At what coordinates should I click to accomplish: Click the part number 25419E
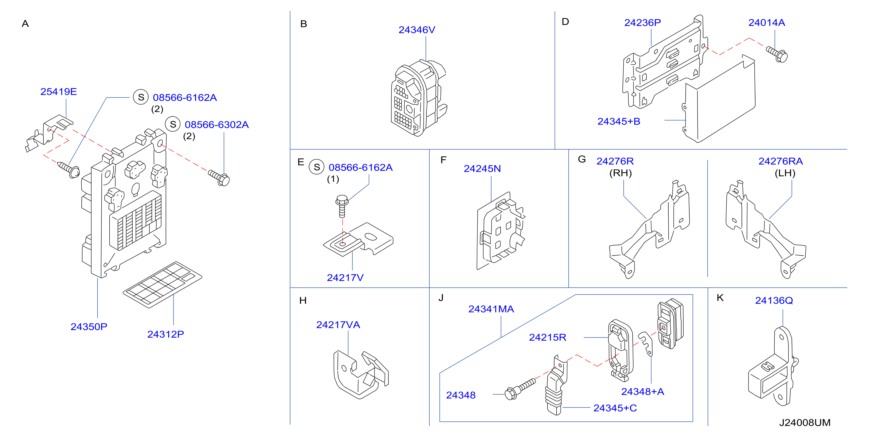tap(59, 91)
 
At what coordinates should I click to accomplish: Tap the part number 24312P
tap(166, 334)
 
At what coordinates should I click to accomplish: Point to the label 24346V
tap(417, 30)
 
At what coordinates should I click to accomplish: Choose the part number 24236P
tap(642, 23)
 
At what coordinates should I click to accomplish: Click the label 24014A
tap(766, 23)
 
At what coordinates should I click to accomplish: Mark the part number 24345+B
tap(619, 121)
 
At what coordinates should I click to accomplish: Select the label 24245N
tap(482, 169)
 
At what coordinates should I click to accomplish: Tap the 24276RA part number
tap(781, 161)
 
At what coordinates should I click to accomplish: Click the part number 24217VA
tap(338, 325)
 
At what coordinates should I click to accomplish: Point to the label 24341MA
tap(491, 309)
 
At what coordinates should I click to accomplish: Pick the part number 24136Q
tap(774, 300)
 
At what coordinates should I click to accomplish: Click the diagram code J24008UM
tap(805, 423)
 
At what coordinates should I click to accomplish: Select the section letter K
tap(720, 298)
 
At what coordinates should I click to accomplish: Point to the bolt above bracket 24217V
tap(342, 206)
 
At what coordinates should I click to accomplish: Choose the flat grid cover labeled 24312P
tap(162, 284)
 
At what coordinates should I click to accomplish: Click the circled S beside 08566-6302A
tap(173, 125)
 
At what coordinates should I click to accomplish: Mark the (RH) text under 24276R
tap(620, 173)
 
